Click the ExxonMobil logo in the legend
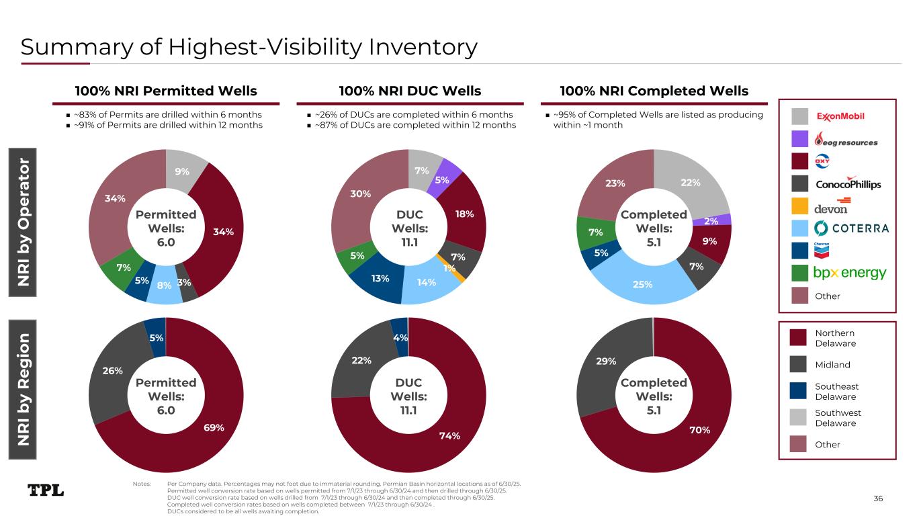coord(840,117)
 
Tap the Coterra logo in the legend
coord(851,228)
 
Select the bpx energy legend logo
coord(850,273)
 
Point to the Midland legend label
coord(832,365)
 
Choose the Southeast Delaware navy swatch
coord(799,391)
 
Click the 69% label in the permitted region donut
coord(214,427)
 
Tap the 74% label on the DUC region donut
coord(449,435)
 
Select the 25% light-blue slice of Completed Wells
coord(643,285)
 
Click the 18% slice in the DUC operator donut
coord(465,214)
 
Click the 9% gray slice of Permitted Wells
coord(182,171)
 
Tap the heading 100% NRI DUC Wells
coord(409,91)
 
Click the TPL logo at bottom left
coord(46,490)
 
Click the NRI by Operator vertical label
coord(24,222)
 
